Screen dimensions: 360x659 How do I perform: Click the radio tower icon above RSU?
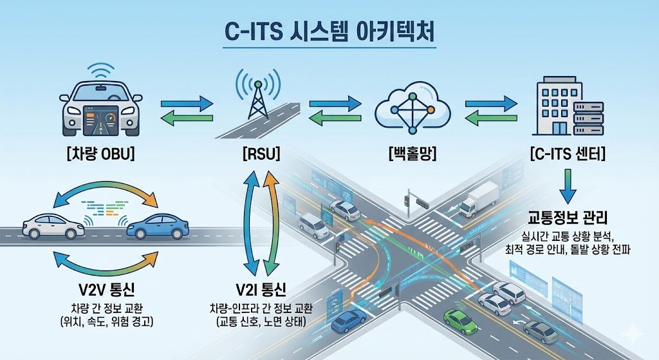click(x=258, y=97)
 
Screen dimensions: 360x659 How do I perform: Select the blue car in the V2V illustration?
click(x=158, y=225)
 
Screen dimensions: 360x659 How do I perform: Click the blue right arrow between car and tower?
click(x=187, y=102)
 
